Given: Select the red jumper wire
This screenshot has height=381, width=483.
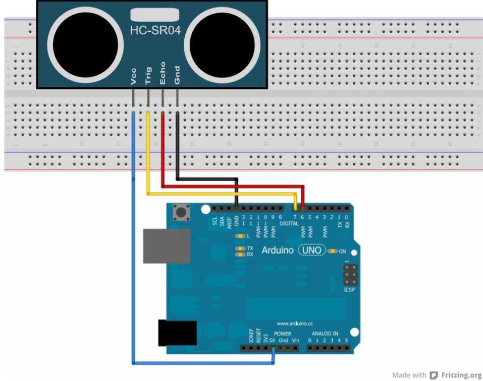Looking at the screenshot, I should click(232, 186).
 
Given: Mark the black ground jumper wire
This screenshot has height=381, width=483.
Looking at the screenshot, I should click(207, 178).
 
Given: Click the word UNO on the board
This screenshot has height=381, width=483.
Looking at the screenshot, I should click(311, 250).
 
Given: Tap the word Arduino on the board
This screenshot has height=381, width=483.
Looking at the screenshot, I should click(278, 250).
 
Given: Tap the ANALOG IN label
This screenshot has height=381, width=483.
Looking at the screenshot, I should click(325, 334).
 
